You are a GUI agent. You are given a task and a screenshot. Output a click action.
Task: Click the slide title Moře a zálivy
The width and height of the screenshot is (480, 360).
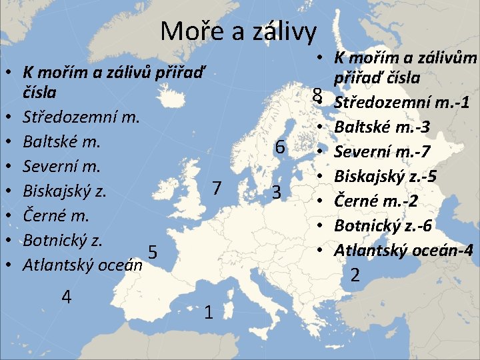239,31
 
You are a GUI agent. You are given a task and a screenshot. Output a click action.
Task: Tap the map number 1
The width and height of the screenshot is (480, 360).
209,312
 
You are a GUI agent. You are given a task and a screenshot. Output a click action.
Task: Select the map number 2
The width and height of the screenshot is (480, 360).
355,274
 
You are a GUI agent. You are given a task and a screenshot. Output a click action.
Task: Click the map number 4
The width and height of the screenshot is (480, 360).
66,296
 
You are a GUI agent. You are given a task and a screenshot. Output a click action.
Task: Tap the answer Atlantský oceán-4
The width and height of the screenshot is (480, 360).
404,250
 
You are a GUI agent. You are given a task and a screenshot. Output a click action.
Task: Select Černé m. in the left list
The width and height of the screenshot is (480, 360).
56,216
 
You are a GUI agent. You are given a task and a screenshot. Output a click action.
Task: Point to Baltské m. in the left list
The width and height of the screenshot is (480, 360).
61,142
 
